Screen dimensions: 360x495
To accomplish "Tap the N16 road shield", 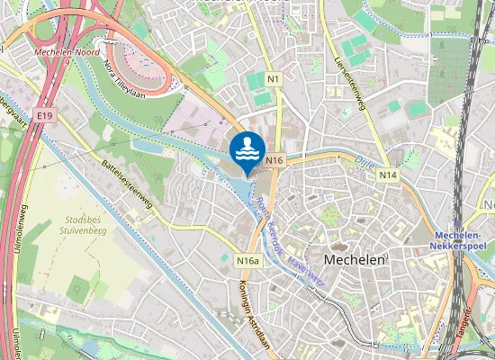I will coord(275,160).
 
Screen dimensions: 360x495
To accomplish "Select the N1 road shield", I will coord(274,80).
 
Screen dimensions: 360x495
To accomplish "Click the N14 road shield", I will coord(387,175).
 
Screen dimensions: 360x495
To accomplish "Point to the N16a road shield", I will coord(249,261).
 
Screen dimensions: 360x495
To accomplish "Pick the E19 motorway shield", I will coord(45,116).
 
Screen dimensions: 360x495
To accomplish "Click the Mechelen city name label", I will coord(355,258).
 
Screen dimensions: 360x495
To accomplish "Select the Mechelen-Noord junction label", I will coord(64,52).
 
